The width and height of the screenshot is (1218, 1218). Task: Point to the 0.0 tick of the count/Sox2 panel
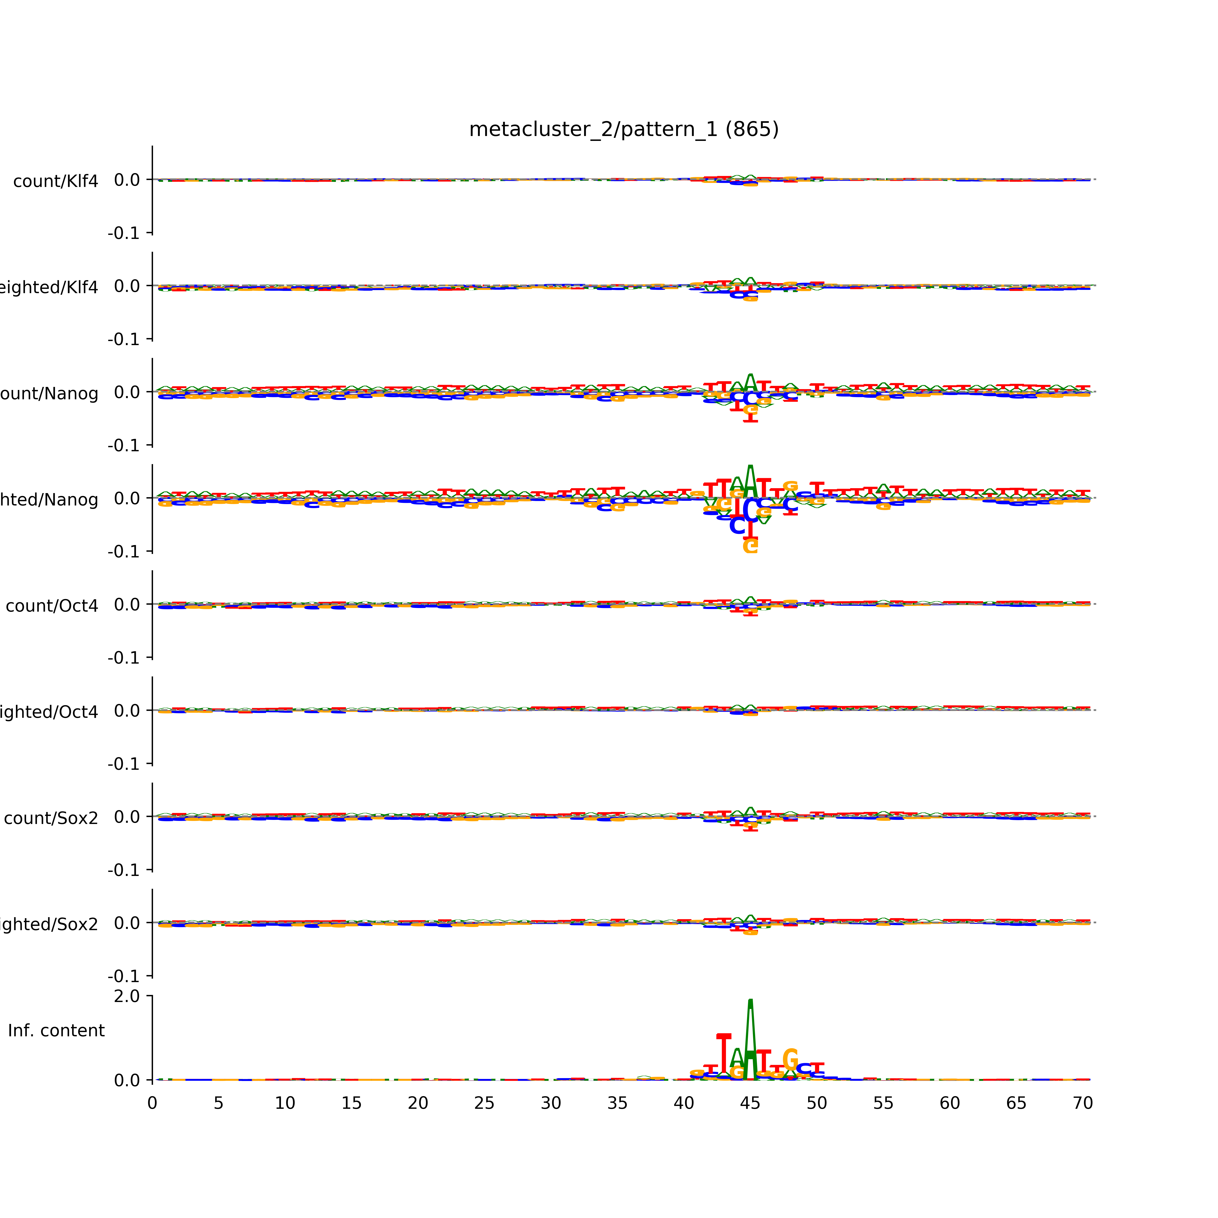point(127,817)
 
